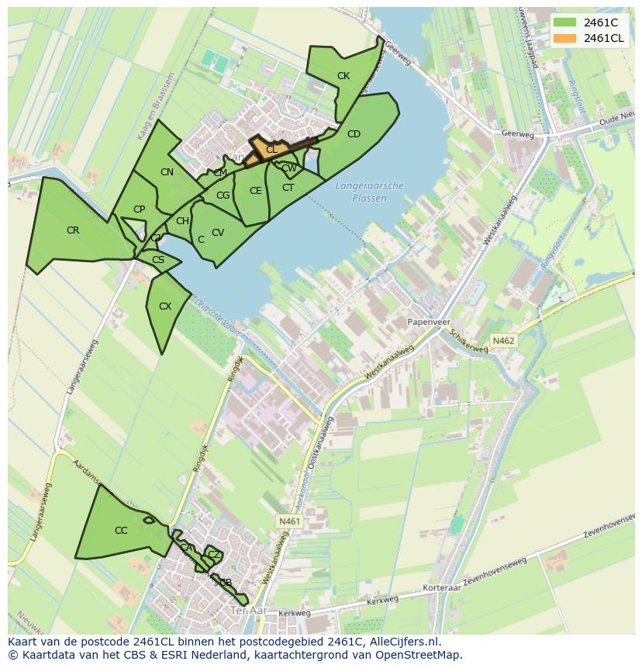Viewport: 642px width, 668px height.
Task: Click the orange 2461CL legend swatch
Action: [x=564, y=38]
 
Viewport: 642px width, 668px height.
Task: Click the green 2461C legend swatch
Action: [x=564, y=22]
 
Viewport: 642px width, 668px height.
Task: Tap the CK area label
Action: [x=343, y=76]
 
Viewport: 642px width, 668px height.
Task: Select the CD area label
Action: [x=354, y=134]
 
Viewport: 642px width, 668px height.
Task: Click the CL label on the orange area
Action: [x=271, y=149]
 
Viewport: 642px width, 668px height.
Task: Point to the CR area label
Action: [x=73, y=230]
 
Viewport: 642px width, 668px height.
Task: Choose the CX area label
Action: [x=164, y=306]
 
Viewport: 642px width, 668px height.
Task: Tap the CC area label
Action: [x=121, y=531]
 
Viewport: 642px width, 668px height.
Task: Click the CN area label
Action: [x=167, y=172]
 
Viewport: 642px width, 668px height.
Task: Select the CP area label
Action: [x=139, y=209]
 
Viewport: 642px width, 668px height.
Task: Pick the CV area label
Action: [x=218, y=233]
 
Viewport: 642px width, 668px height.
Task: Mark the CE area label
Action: [x=255, y=191]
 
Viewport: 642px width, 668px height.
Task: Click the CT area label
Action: [x=288, y=188]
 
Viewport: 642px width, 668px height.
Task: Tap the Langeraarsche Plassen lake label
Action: [x=370, y=192]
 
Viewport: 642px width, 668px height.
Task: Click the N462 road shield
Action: [x=503, y=341]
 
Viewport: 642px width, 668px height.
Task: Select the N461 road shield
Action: [x=288, y=521]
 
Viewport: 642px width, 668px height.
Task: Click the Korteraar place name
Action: [x=441, y=589]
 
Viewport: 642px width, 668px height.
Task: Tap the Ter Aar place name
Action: [x=248, y=611]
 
